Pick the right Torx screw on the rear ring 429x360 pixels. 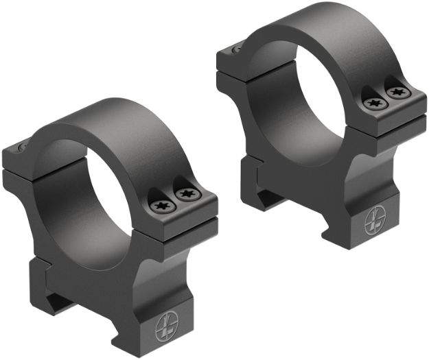[395, 91]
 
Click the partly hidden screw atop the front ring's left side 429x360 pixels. [20, 146]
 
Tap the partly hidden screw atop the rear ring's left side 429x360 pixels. [236, 47]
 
